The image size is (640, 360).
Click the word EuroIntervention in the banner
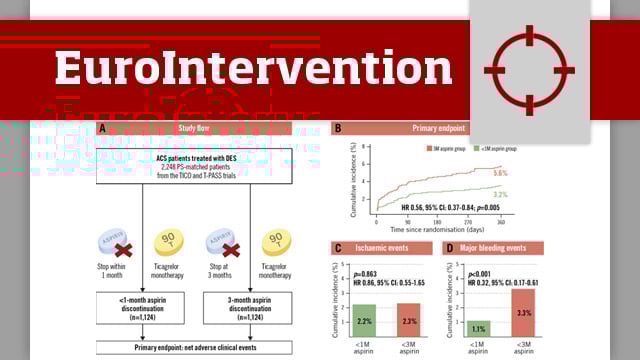(240, 67)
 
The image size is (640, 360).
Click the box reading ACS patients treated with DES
(194, 166)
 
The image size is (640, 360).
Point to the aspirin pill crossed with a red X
(124, 242)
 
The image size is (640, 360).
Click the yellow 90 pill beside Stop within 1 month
(169, 243)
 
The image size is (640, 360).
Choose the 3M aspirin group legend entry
(440, 146)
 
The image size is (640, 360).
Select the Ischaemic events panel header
(382, 247)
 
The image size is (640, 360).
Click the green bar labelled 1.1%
(478, 328)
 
